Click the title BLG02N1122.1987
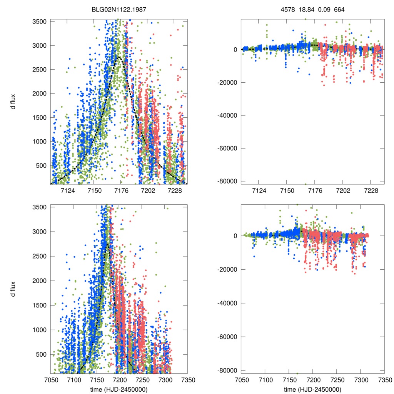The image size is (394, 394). coord(119,9)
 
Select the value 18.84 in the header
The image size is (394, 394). coord(307,9)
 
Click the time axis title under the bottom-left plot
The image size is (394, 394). coord(119,389)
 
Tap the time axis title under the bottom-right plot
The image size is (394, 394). coord(312,389)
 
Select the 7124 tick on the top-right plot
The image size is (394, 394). coord(259,191)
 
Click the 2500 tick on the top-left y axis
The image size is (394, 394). coord(39,70)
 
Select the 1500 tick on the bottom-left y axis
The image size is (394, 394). coord(39,305)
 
